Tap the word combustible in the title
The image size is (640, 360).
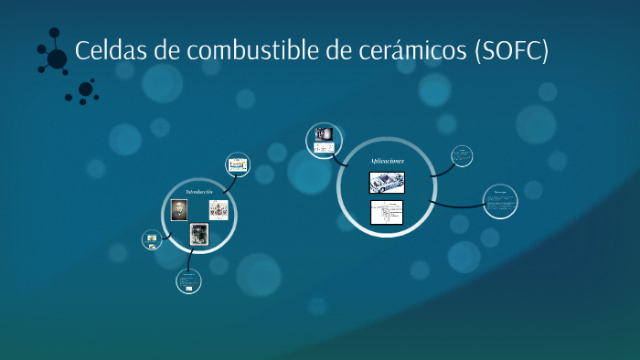pos(240,51)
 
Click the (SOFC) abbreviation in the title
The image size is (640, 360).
pos(511,51)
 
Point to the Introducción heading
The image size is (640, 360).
pos(198,192)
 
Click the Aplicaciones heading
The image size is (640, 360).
pos(386,162)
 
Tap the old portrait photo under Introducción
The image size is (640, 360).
pos(179,210)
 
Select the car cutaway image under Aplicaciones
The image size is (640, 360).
pos(387,183)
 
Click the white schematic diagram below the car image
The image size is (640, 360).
pos(387,214)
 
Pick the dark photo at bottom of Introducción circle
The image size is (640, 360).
pos(198,235)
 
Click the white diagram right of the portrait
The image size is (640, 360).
pos(219,210)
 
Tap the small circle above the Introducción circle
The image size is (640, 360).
pos(238,164)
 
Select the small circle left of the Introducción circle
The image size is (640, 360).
pos(152,240)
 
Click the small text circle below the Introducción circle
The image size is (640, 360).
pos(188,281)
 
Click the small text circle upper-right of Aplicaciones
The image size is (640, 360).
pos(463,156)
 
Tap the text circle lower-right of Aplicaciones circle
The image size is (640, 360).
pos(500,201)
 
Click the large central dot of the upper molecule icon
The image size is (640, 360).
pos(57,58)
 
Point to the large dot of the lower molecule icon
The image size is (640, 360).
pos(86,90)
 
